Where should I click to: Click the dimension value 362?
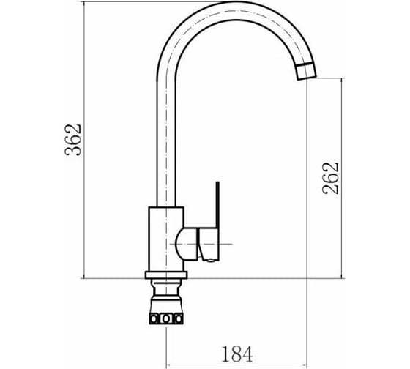click(73, 140)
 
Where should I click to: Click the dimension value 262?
click(330, 179)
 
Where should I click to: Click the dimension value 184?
click(237, 354)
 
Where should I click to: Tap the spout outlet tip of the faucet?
click(307, 78)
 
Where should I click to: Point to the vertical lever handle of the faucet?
click(217, 205)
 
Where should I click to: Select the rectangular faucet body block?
click(166, 239)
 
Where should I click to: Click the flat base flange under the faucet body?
click(166, 275)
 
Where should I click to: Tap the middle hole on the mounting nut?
click(165, 318)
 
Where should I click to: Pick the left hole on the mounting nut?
click(154, 318)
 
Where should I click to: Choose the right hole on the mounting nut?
click(179, 318)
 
